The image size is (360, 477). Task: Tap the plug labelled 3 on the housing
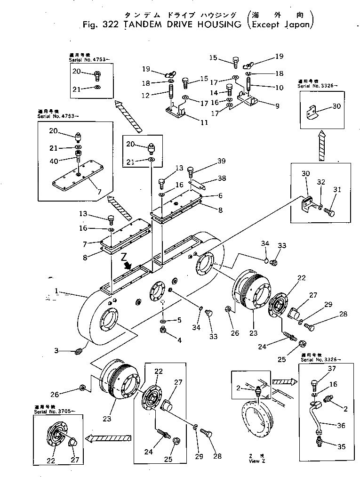80,351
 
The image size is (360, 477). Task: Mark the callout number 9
277,106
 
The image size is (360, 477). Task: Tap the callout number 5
179,321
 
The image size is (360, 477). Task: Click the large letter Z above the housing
123,258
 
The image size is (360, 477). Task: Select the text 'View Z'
254,461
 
